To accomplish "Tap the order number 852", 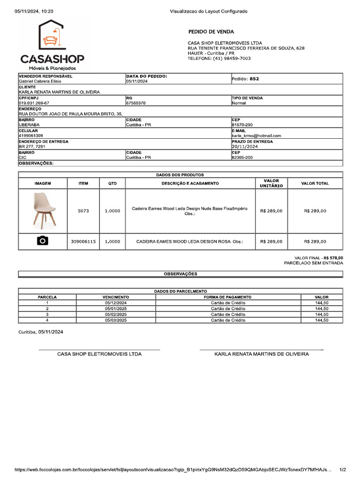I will (254, 79).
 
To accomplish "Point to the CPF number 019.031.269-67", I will (34, 103).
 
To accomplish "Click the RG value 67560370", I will (135, 103).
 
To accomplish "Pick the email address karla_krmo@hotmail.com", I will (256, 135).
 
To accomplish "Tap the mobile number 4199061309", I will (31, 135).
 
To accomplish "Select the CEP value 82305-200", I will (242, 157).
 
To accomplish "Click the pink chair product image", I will (43, 210).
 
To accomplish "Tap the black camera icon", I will (43, 241).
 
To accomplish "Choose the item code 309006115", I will (83, 241).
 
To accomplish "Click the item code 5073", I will (83, 211).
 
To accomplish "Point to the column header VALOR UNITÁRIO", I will (271, 183).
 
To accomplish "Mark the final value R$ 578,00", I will (333, 258).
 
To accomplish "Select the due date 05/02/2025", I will (116, 315).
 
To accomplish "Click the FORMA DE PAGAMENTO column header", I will (228, 297).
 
